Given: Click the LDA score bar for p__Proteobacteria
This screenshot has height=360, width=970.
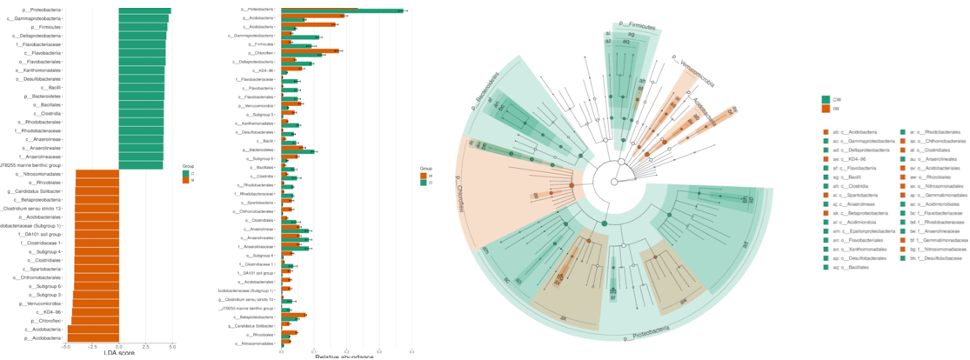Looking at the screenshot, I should point(144,10).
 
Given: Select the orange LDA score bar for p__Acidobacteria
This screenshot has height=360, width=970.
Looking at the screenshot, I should point(91,339).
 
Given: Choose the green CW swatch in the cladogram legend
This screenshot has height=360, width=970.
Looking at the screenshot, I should point(826,100).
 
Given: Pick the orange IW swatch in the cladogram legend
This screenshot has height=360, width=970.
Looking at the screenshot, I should point(826,110).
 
